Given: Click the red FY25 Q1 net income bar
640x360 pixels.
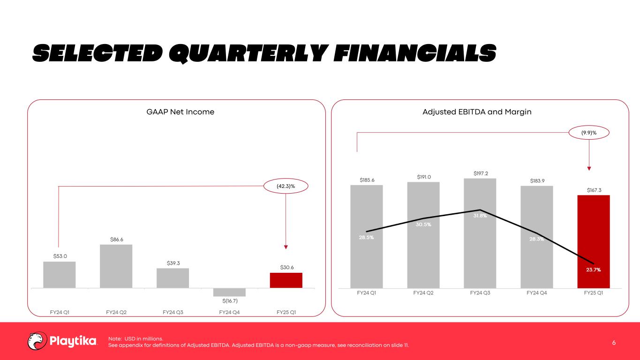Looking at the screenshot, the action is [x=286, y=280].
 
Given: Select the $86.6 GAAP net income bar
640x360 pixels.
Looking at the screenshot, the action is [x=116, y=266].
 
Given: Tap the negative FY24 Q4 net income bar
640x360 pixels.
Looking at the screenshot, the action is [x=229, y=292].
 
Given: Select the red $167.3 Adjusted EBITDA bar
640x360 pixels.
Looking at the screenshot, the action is [x=594, y=242].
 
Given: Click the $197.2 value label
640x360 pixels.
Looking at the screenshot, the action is [x=481, y=173].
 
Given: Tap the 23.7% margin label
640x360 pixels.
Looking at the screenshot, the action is [x=594, y=270].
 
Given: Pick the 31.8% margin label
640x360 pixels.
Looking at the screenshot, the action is [x=480, y=216].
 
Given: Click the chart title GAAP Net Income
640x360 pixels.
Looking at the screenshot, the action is [x=181, y=112].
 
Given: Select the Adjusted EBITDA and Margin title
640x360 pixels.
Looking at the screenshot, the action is [x=477, y=112].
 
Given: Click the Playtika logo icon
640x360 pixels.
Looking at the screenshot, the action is [x=37, y=341].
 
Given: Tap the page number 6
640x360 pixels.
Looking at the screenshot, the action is [x=614, y=343].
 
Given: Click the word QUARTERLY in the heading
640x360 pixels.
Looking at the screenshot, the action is [x=248, y=53].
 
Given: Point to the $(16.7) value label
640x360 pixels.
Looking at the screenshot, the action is [x=230, y=301].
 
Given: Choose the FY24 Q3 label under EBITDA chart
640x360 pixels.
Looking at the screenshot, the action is [x=480, y=293].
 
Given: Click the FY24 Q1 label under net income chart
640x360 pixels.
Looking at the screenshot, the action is [x=60, y=312].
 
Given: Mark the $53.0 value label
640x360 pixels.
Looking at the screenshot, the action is [x=60, y=256].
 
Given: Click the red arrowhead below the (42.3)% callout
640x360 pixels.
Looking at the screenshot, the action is [x=286, y=247].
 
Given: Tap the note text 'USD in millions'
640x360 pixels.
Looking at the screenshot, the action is [x=144, y=338].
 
